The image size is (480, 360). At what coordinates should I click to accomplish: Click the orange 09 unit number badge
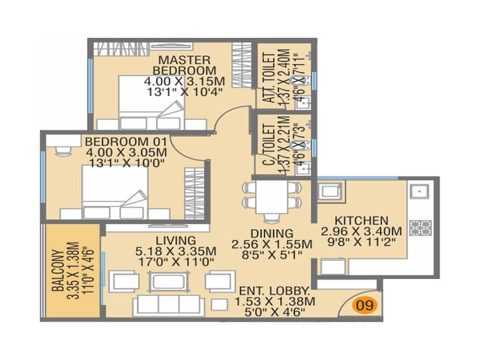[x=365, y=305]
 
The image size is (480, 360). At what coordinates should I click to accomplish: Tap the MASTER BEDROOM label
[x=184, y=65]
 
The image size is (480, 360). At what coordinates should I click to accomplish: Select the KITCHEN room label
[x=361, y=220]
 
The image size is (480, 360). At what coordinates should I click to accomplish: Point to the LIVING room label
[x=176, y=240]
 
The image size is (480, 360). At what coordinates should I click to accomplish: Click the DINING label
[x=272, y=233]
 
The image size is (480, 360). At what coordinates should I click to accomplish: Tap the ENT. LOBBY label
[x=274, y=290]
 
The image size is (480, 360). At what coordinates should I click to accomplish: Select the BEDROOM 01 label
[x=126, y=142]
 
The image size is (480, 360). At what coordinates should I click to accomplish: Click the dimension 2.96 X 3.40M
[x=361, y=232]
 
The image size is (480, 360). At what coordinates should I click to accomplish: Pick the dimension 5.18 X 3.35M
[x=176, y=251]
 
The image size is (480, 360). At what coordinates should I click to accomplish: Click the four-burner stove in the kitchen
[x=421, y=228]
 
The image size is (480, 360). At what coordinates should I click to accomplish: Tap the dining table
[x=272, y=197]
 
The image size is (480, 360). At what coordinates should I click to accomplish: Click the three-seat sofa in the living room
[x=169, y=305]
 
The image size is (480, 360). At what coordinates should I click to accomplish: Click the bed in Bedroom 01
[x=115, y=192]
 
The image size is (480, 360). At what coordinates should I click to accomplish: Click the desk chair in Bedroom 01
[x=64, y=151]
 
